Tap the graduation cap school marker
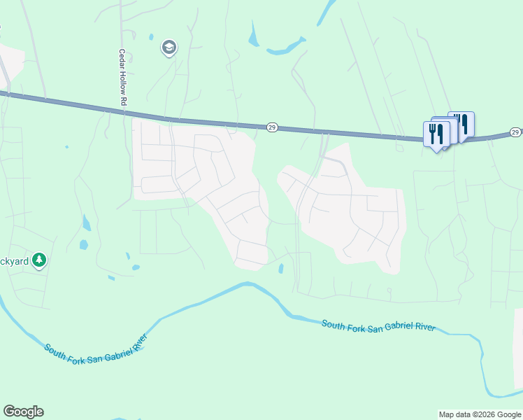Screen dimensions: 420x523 pos(169,48)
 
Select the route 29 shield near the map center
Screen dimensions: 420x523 pos(272,127)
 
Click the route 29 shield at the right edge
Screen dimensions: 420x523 pos(515,132)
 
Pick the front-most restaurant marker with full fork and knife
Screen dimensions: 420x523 pos(437,133)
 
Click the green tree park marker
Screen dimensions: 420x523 pos(40,260)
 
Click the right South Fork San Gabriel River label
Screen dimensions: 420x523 pos(378,326)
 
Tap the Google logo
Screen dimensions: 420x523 pos(23,412)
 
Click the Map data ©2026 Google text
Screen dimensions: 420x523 pos(480,414)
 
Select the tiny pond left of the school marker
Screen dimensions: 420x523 pos(150,36)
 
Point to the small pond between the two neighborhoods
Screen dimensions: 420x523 pos(281,268)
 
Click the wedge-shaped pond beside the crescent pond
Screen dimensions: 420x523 pos(253,32)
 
